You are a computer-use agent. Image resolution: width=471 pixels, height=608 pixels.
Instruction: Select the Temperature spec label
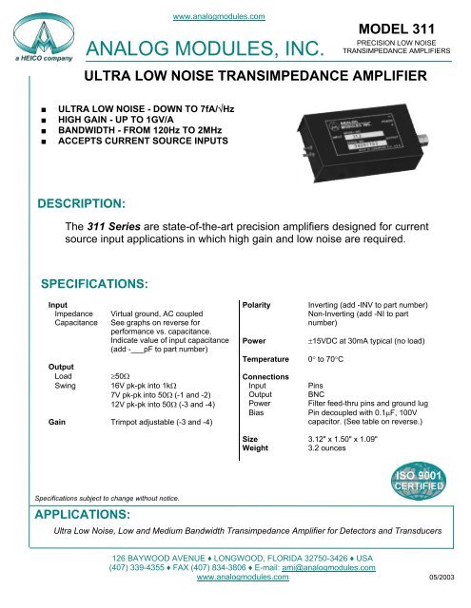point(269,360)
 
